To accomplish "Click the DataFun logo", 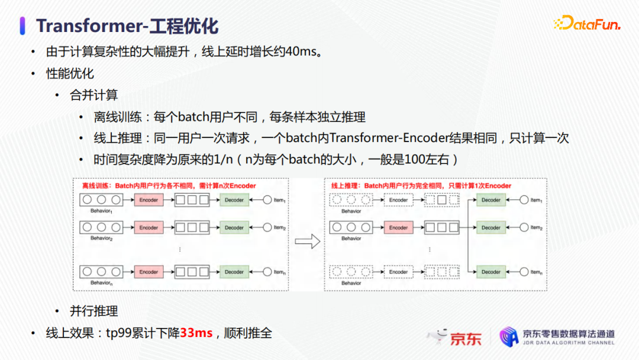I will (586, 23).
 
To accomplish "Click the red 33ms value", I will (196, 333).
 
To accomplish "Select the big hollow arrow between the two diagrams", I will (307, 241).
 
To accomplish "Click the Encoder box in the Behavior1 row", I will (149, 200).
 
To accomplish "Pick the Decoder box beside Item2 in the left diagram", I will (234, 227).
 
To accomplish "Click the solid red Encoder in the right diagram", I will (398, 227).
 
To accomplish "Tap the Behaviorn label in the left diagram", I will (101, 283).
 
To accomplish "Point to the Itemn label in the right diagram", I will (537, 272).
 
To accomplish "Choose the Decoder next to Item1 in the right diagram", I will (490, 200).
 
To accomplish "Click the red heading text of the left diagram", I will (169, 186).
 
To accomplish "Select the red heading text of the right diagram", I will (421, 186).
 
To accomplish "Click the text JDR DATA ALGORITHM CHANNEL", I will (569, 343).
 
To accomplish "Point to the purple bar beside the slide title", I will (22, 25).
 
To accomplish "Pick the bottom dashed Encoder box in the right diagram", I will (398, 272).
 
